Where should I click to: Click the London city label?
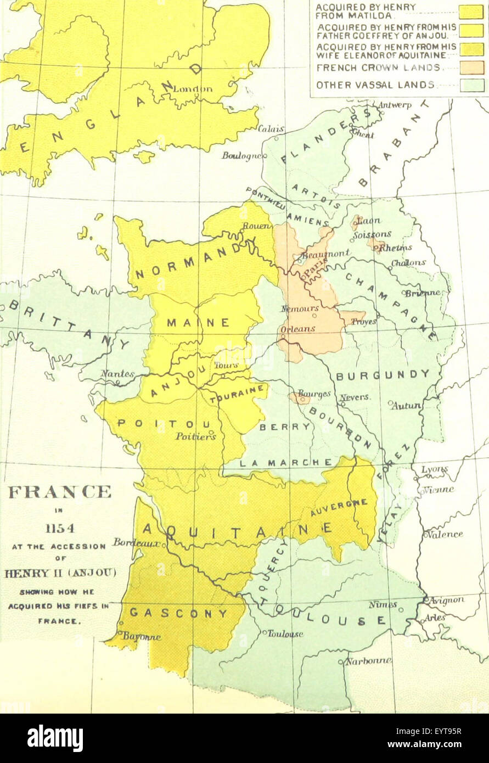[x=193, y=88]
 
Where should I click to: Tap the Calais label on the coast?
[x=271, y=129]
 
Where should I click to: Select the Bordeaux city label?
[x=137, y=542]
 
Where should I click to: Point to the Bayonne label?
[x=142, y=637]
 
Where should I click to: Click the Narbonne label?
[x=368, y=661]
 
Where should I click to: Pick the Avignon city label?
[x=446, y=601]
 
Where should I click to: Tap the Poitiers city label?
[x=195, y=436]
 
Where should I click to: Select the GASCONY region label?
[x=178, y=613]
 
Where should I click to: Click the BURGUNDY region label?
[x=383, y=375]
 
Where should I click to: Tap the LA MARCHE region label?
[x=286, y=462]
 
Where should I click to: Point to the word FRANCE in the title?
[x=59, y=491]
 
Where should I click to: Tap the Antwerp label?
[x=395, y=105]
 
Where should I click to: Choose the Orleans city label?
[x=297, y=329]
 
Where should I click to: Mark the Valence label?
[x=445, y=534]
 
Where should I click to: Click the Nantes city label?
[x=117, y=373]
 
